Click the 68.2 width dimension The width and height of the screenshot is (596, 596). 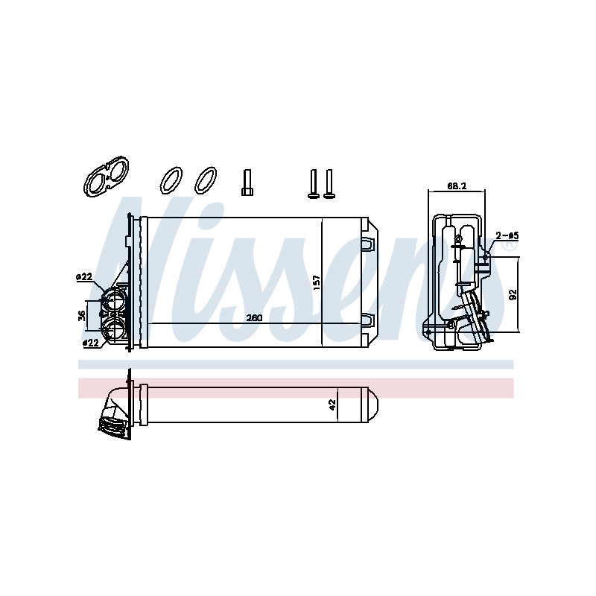(457, 186)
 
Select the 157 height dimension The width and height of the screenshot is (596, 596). (317, 283)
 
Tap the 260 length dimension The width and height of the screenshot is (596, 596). (254, 318)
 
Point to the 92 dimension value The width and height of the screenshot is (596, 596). (513, 294)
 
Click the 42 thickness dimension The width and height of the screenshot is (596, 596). (332, 405)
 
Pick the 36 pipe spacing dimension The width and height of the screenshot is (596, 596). (82, 315)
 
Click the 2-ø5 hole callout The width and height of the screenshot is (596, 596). (507, 235)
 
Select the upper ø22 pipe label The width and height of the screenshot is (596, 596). (84, 276)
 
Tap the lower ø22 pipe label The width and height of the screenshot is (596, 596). (90, 343)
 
